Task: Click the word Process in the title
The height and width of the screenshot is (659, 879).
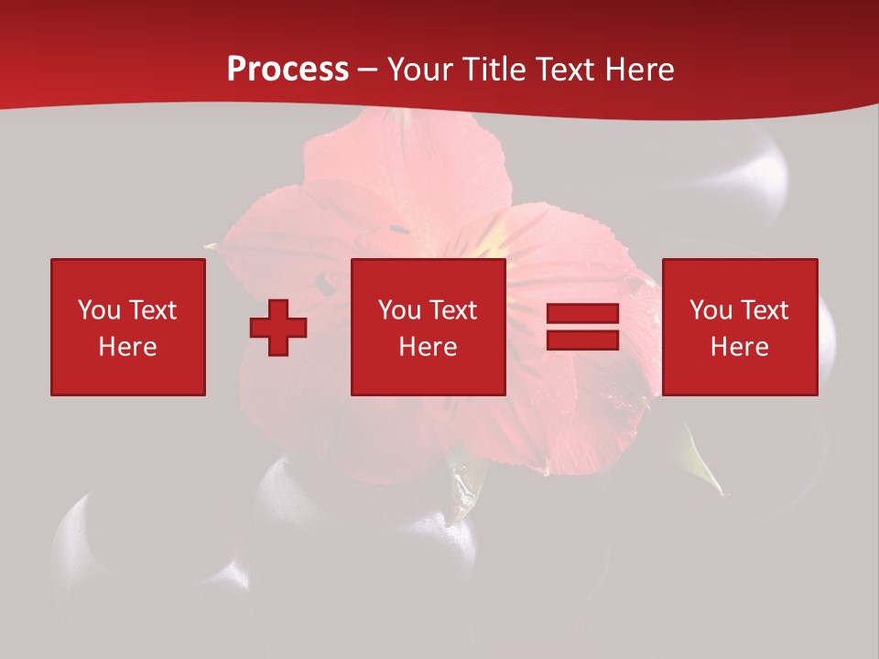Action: tap(288, 70)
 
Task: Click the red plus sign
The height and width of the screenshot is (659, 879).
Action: tap(278, 328)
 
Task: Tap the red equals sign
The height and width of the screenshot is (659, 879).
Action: tap(582, 327)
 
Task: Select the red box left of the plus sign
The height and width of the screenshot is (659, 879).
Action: tap(128, 327)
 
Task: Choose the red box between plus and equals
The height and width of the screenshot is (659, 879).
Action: tap(429, 327)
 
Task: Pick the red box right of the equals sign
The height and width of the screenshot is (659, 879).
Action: tap(740, 327)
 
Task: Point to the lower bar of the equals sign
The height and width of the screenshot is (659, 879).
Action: tap(582, 340)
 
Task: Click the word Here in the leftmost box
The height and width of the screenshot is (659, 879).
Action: tap(127, 347)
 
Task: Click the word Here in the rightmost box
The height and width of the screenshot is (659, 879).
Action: tap(739, 347)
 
